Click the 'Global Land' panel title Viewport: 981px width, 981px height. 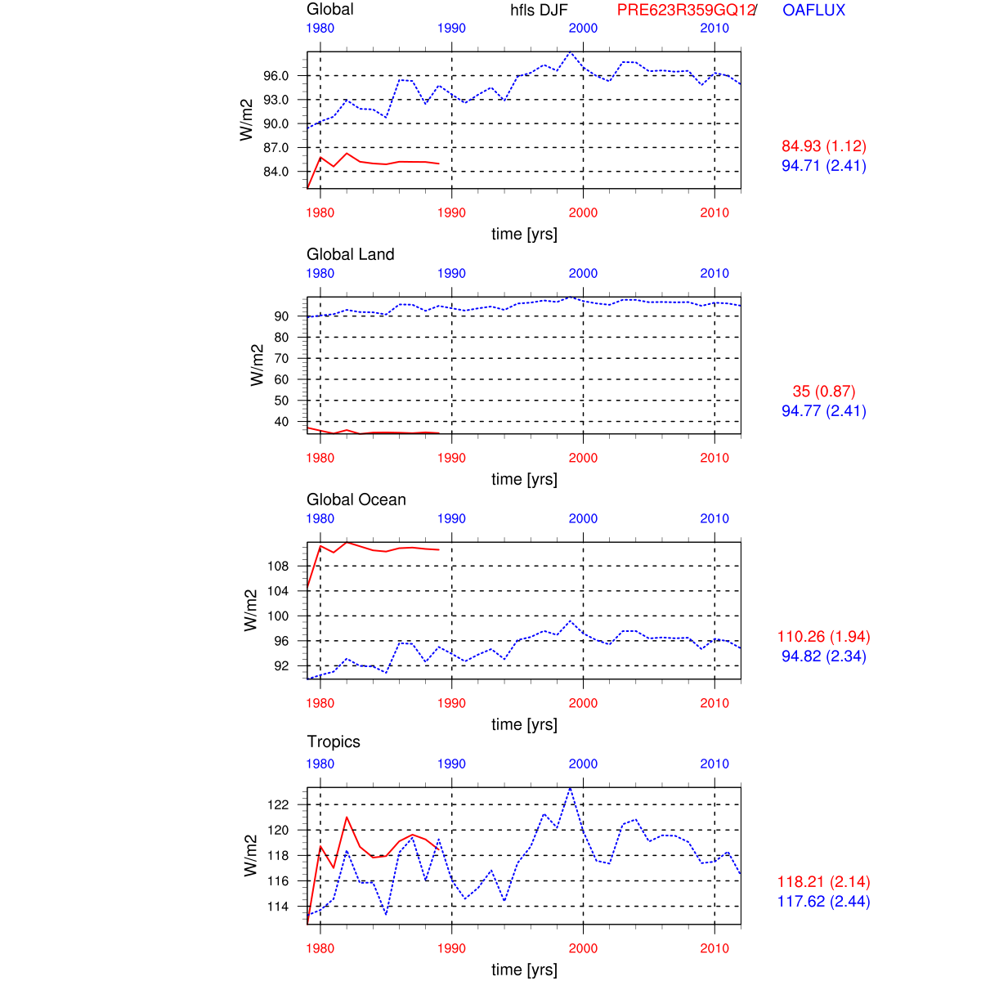pos(350,254)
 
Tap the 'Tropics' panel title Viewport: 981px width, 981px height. pos(334,741)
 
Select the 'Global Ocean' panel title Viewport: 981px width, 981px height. pos(356,499)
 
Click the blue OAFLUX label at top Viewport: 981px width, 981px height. pos(813,10)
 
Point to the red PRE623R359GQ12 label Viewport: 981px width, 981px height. pos(685,10)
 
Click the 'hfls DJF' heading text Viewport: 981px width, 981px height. pos(539,10)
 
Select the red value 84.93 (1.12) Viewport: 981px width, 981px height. pos(823,146)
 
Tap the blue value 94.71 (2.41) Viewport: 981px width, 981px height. pos(823,166)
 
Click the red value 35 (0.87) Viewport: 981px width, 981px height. pos(823,392)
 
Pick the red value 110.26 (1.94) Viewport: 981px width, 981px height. pos(823,637)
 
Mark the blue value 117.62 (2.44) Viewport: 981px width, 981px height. pos(823,902)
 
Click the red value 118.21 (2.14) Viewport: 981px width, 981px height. pos(823,882)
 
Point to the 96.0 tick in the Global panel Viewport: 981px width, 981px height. pos(276,76)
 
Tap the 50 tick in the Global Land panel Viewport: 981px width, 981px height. pos(281,401)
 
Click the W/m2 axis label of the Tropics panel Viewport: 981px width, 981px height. pos(251,856)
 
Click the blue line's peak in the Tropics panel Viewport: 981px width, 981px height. pos(570,788)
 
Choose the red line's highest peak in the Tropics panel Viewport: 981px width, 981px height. pos(347,817)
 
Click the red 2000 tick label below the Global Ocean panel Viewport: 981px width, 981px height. pos(583,703)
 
